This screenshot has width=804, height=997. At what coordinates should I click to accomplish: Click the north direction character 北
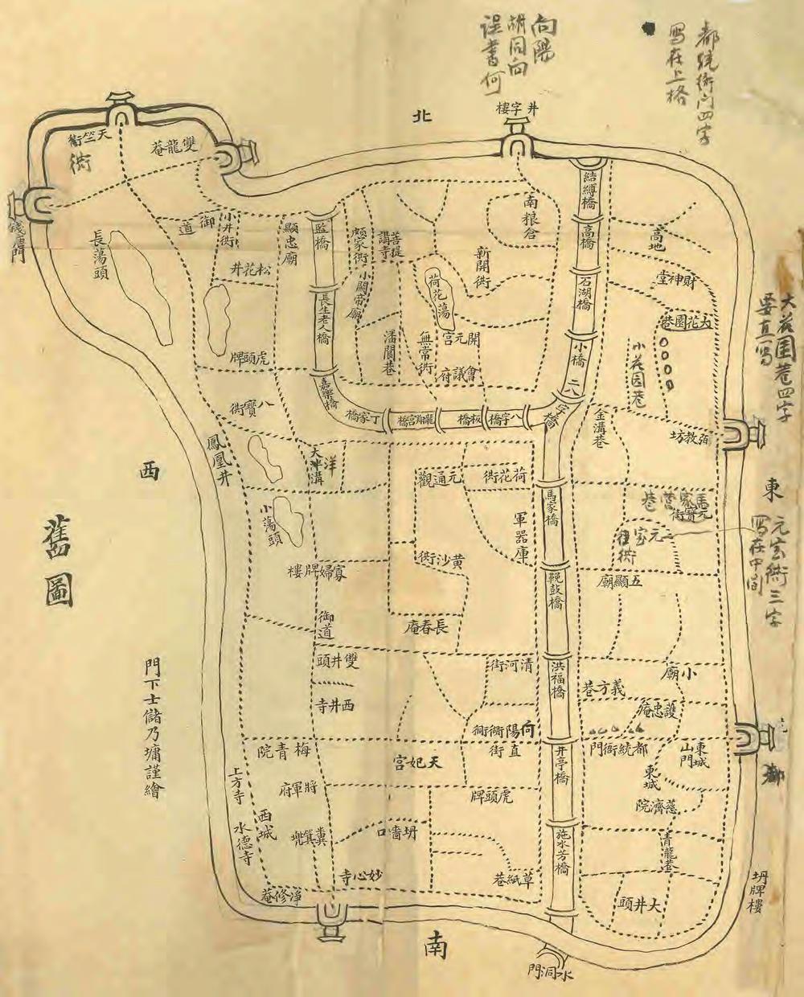tap(421, 116)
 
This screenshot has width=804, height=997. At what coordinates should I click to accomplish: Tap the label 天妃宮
tap(418, 761)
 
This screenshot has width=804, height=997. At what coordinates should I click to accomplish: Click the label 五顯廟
tap(621, 581)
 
